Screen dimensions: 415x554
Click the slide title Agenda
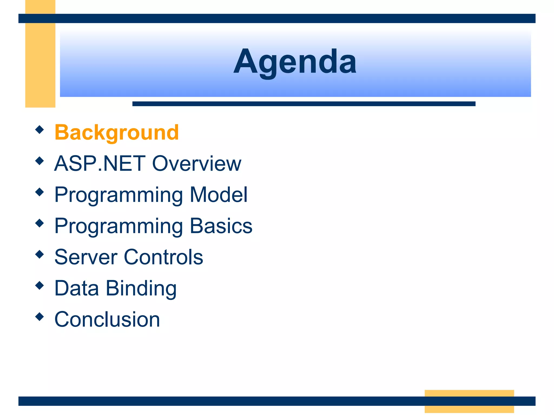295,62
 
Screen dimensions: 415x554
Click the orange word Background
117,132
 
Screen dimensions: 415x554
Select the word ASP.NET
100,163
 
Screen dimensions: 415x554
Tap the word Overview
197,163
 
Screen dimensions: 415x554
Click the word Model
218,195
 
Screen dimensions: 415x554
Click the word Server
86,257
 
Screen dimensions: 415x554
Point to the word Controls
163,257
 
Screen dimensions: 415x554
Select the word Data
77,288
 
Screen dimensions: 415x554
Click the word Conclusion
107,319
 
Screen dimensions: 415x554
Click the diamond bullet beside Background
39,129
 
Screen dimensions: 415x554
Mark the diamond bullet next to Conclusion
39,316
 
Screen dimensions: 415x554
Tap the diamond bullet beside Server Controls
39,254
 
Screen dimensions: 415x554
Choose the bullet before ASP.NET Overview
39,161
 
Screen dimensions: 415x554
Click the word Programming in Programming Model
118,195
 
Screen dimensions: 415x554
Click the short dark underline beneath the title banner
304,104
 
